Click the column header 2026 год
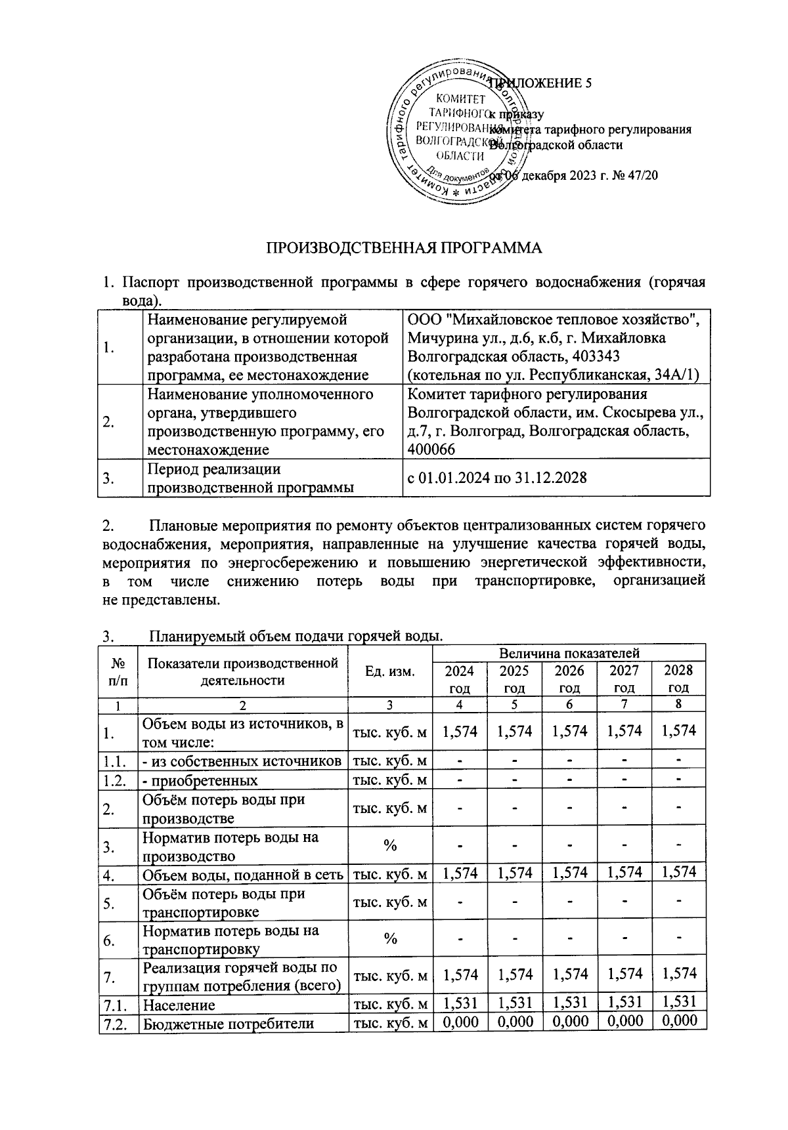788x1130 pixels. [x=569, y=679]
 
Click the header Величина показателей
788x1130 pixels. [x=569, y=653]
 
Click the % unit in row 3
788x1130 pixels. [x=390, y=847]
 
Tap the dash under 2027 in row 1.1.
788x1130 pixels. [x=624, y=761]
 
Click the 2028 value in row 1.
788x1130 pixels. [x=679, y=731]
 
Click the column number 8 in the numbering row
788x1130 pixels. [x=679, y=705]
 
